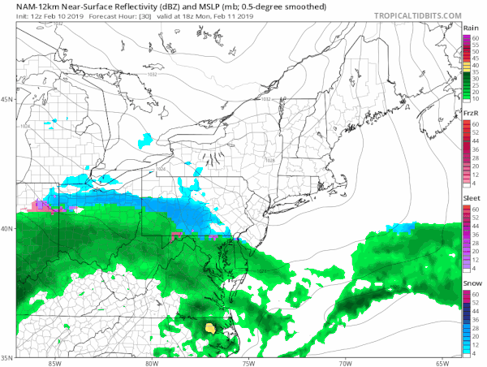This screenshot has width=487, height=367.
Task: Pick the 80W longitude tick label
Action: point(151,362)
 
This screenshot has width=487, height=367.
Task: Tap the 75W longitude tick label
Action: point(248,362)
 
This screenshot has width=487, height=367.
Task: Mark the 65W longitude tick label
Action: point(442,362)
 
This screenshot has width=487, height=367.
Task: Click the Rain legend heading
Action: point(471,28)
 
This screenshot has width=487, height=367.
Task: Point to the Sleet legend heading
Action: point(471,198)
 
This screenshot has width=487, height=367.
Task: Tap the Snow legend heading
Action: point(471,282)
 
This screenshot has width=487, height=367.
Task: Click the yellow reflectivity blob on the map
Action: point(211,328)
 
